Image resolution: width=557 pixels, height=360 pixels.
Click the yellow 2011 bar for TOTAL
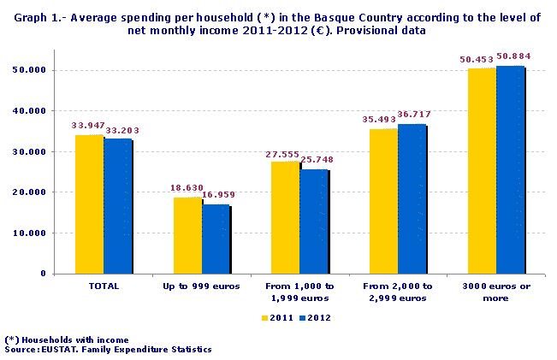[89, 204]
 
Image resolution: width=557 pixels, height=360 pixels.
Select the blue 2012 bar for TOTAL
[117, 206]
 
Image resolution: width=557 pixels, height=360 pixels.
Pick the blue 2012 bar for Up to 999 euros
[216, 239]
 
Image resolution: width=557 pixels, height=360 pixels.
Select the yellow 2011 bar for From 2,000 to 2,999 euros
[383, 201]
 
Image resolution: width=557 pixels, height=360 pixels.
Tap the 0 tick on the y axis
[43, 274]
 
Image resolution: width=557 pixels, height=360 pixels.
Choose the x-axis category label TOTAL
[104, 286]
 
